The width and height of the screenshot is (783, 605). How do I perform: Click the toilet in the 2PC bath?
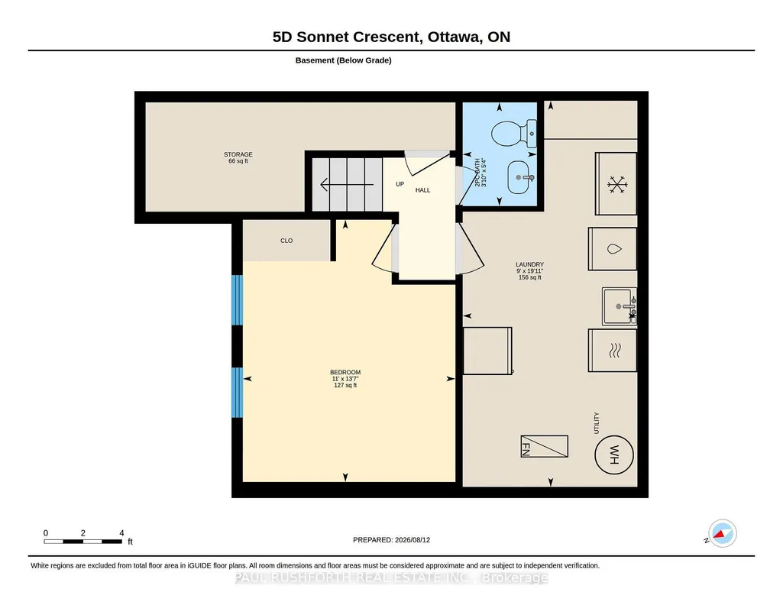point(513,134)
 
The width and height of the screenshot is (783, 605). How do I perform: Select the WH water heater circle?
point(614,455)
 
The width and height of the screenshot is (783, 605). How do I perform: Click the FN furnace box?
point(545,446)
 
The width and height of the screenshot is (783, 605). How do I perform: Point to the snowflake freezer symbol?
point(617,185)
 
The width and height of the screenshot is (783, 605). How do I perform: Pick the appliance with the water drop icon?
point(613,249)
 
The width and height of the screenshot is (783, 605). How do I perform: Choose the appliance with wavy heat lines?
point(613,351)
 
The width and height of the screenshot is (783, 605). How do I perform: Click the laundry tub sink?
point(620,306)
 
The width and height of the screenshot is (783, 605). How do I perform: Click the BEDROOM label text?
point(345,372)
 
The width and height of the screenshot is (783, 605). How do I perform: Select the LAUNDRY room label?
point(530,264)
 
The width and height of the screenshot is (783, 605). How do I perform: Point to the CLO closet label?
point(286,241)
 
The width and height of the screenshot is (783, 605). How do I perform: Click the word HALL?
point(423,190)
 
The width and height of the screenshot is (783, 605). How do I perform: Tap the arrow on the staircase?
point(347,185)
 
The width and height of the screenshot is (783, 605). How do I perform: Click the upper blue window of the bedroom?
point(238,300)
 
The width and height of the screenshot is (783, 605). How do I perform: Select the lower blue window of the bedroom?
point(238,393)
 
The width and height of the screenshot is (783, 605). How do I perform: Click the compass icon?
point(722,534)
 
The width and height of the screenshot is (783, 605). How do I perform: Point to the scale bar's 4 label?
point(121,533)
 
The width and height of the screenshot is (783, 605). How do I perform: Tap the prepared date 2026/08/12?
point(413,540)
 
